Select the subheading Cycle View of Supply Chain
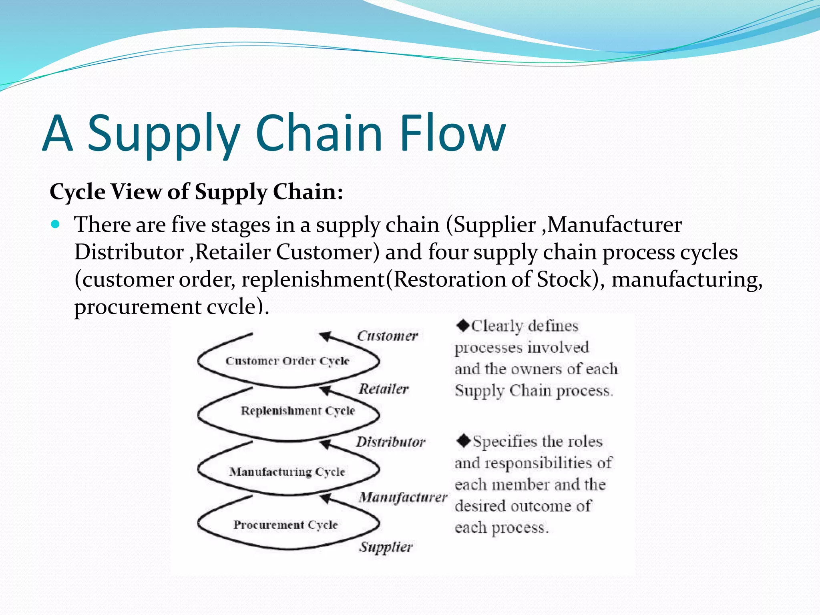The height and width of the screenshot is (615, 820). (x=196, y=192)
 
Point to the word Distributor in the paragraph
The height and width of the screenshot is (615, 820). (x=129, y=252)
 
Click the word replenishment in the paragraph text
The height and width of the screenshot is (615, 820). (x=313, y=279)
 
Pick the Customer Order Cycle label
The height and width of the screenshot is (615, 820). (x=287, y=361)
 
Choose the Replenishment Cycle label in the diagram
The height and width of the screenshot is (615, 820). (x=297, y=411)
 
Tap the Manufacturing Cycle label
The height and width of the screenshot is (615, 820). (x=287, y=472)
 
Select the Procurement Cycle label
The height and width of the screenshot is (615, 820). (x=285, y=525)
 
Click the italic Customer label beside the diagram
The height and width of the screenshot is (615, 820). (x=387, y=336)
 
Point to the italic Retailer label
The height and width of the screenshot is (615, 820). (x=384, y=388)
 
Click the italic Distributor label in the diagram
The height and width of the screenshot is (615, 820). (x=390, y=442)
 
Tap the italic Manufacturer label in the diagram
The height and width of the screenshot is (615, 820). (x=403, y=497)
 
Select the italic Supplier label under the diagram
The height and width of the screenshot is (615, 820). (x=386, y=547)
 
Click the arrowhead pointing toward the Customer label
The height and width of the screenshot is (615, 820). (x=325, y=336)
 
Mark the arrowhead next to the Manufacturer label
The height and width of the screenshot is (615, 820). (x=326, y=498)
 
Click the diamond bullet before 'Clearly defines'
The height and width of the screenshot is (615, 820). (x=463, y=326)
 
